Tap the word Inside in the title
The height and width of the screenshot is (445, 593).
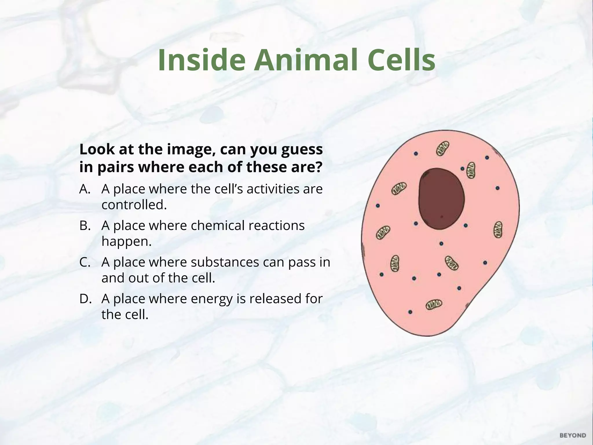point(202,60)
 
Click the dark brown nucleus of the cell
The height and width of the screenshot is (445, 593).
point(441,199)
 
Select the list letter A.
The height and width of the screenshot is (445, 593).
point(85,189)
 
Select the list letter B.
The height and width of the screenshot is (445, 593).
point(85,226)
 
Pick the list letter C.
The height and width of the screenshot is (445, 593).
point(85,262)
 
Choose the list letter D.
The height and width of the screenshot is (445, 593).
point(85,299)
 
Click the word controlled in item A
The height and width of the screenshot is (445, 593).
point(134,205)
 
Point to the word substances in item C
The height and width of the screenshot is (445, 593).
point(225,262)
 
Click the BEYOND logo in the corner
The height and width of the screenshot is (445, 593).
point(573,435)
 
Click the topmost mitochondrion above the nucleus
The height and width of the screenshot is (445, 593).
point(443,148)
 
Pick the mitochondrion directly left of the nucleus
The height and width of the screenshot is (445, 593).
point(399,189)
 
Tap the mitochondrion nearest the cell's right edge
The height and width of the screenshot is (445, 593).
point(498,230)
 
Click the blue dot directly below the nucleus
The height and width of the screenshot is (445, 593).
point(441,244)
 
